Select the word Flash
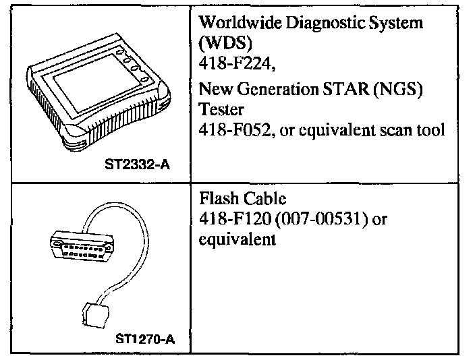(x=215, y=200)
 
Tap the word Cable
(x=260, y=200)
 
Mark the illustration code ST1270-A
(x=144, y=340)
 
